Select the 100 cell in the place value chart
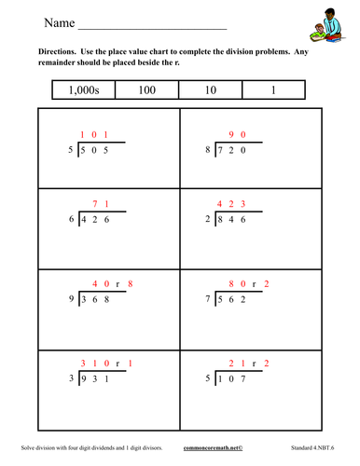click(x=150, y=89)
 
